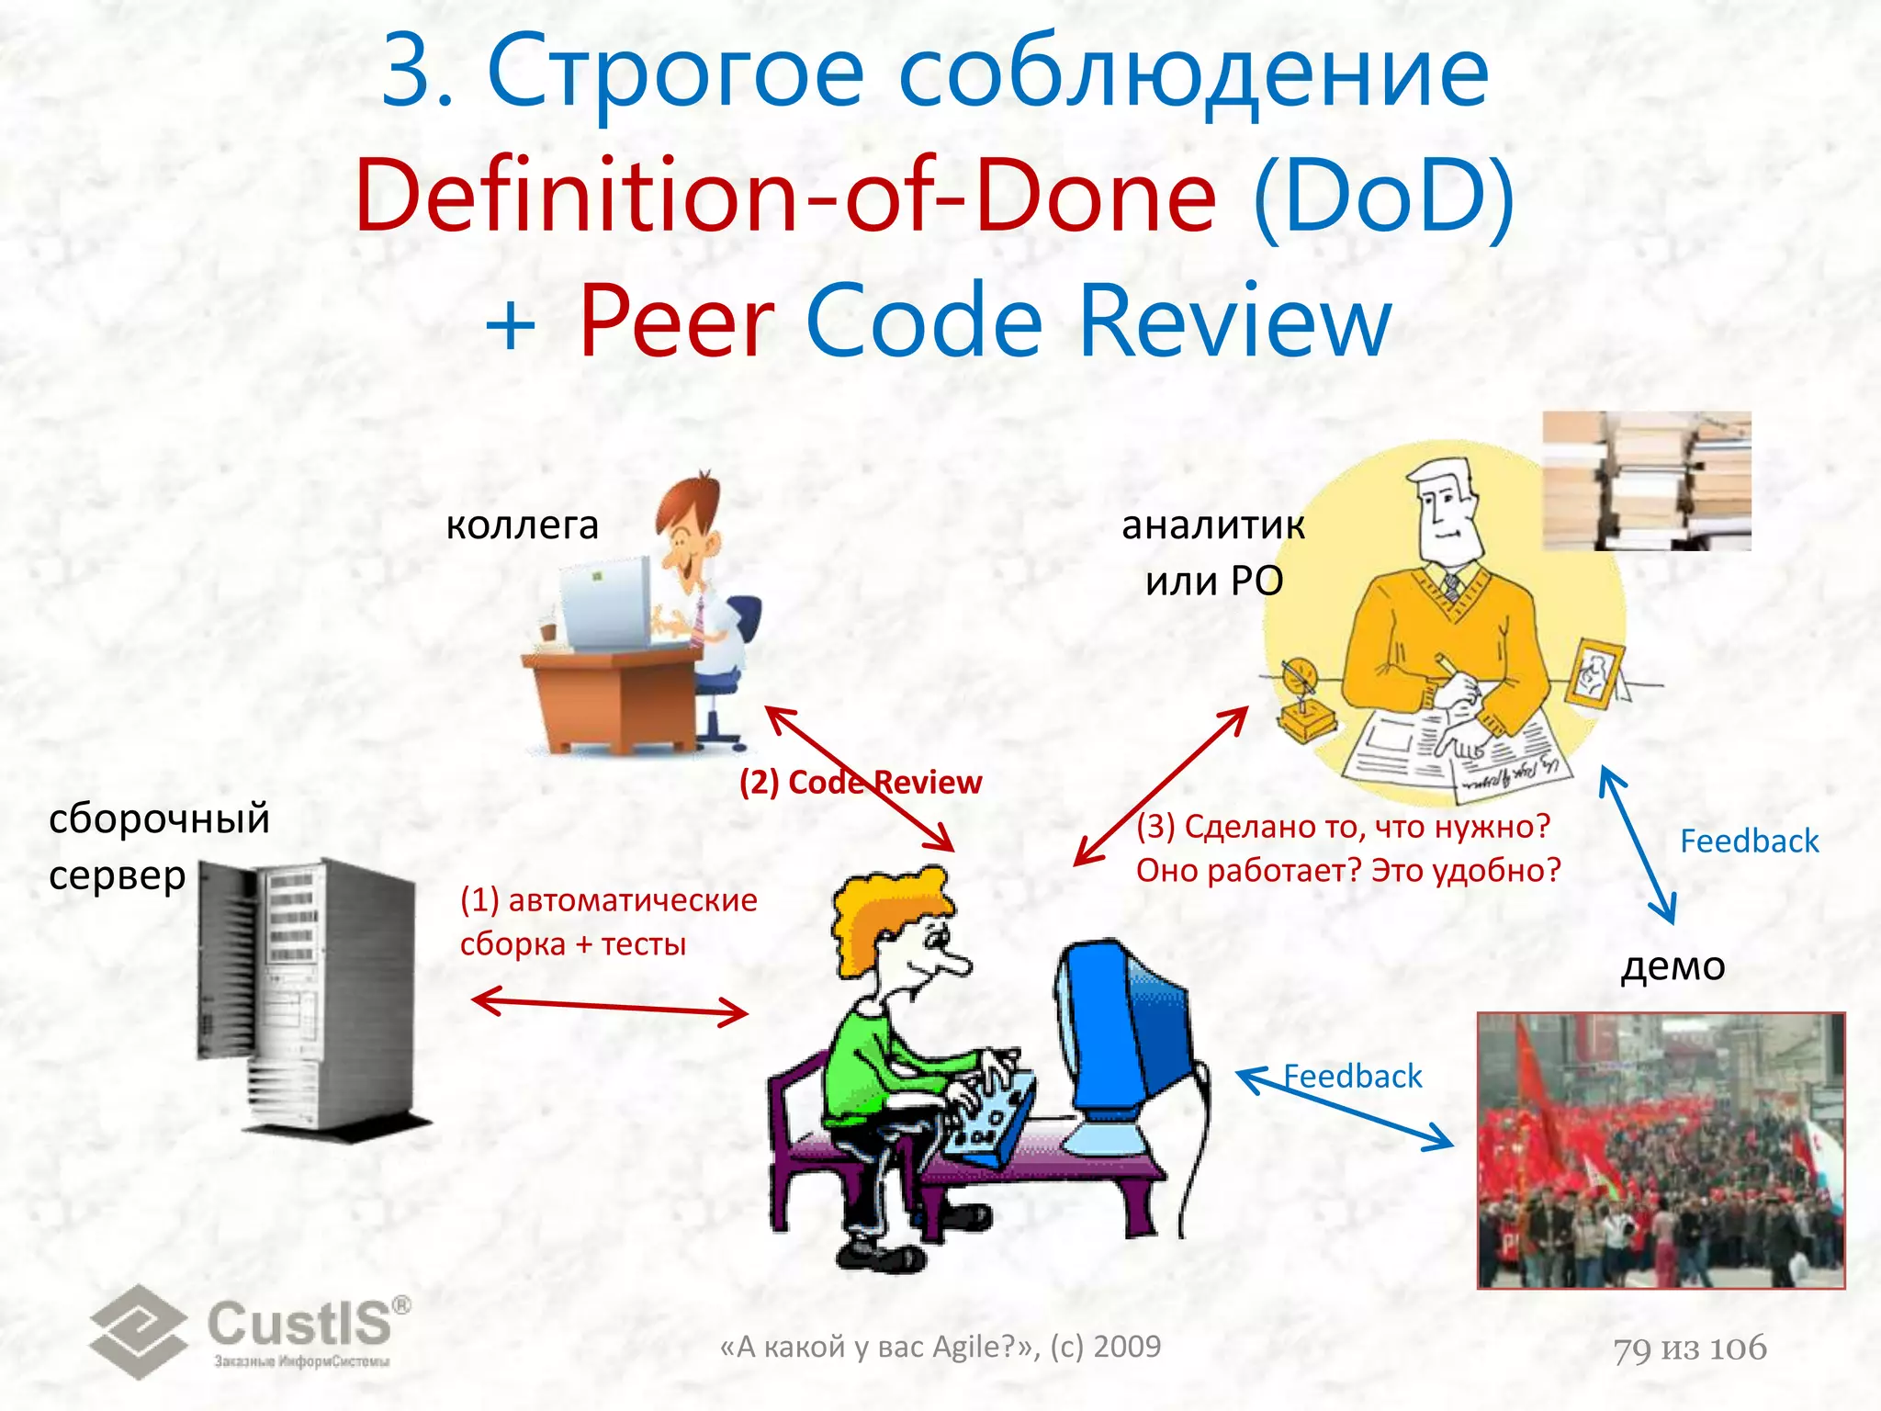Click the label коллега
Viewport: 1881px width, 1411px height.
tap(522, 525)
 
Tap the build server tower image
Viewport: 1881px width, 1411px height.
tap(308, 997)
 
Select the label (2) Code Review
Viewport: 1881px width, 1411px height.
tap(860, 783)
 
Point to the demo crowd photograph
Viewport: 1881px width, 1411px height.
tap(1661, 1150)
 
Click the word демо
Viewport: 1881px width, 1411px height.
tap(1673, 965)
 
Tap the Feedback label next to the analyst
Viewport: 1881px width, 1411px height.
tap(1749, 841)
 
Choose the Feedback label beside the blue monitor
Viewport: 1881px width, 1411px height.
tap(1352, 1076)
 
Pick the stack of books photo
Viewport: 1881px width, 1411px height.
tap(1646, 480)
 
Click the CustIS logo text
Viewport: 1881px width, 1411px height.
tap(298, 1324)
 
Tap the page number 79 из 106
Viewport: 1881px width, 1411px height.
tap(1690, 1349)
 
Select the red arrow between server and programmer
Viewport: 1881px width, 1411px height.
tap(610, 1006)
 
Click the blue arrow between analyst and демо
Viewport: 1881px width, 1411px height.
tap(1638, 845)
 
